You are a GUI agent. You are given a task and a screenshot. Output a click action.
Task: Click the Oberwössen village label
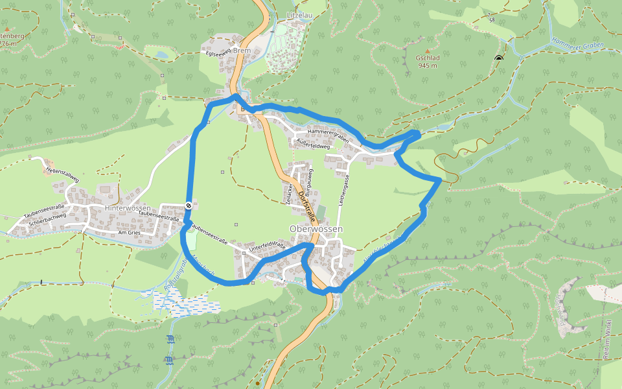pyautogui.click(x=316, y=230)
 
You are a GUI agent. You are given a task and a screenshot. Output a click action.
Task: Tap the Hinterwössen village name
pyautogui.click(x=128, y=207)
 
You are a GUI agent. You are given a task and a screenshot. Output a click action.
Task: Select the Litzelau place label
pyautogui.click(x=299, y=15)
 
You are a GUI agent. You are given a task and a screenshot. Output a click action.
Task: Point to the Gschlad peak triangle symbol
pyautogui.click(x=427, y=50)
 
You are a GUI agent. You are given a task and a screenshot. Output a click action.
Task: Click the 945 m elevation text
pyautogui.click(x=428, y=65)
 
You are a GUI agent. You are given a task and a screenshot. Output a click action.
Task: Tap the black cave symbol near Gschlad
pyautogui.click(x=498, y=58)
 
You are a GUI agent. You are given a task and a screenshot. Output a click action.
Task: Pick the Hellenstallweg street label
pyautogui.click(x=62, y=173)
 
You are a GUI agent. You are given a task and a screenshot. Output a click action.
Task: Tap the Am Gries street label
pyautogui.click(x=129, y=232)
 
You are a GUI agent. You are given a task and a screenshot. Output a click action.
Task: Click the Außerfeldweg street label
pyautogui.click(x=312, y=146)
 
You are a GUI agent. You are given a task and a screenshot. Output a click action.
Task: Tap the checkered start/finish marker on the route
pyautogui.click(x=188, y=206)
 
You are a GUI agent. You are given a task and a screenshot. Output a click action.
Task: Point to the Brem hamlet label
pyautogui.click(x=242, y=51)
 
